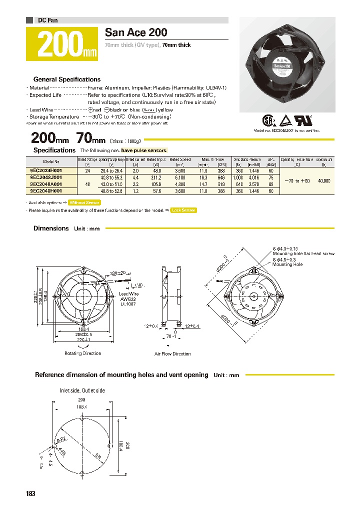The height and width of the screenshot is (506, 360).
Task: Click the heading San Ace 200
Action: pyautogui.click(x=136, y=32)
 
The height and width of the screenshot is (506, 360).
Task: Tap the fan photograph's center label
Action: pyautogui.click(x=283, y=65)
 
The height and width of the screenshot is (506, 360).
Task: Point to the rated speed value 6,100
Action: pyautogui.click(x=180, y=177)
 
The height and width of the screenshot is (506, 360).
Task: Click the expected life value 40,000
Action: pyautogui.click(x=323, y=180)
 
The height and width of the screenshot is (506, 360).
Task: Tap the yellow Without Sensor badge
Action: pyautogui.click(x=84, y=202)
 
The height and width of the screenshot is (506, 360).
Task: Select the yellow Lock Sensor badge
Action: pyautogui.click(x=183, y=210)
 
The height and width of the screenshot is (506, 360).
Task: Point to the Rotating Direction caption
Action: pyautogui.click(x=82, y=353)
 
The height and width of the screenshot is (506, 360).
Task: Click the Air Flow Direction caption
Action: pyautogui.click(x=172, y=354)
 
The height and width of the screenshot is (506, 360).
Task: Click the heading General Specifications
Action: pyautogui.click(x=66, y=79)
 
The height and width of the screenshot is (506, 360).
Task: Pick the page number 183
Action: pyautogui.click(x=30, y=493)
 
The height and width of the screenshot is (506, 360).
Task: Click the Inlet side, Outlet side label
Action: pyautogui.click(x=82, y=390)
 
